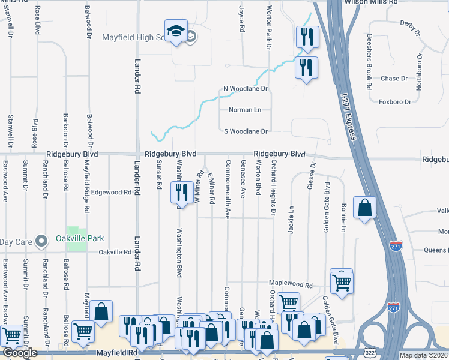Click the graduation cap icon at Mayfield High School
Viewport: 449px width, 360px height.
(176, 32)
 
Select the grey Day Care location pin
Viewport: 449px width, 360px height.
(41, 241)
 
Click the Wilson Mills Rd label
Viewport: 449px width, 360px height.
(370, 3)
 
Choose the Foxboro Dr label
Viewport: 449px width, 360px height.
(394, 102)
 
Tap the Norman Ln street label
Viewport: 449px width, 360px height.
(245, 110)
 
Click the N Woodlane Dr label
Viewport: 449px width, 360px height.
(245, 89)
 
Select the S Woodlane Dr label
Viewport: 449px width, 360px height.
(246, 131)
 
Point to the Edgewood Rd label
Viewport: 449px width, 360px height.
(112, 193)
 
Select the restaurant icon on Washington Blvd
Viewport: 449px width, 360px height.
(180, 193)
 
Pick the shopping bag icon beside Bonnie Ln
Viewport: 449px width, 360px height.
(364, 208)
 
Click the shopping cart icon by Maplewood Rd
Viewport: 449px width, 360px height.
(342, 281)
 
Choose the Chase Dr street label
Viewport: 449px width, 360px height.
(394, 79)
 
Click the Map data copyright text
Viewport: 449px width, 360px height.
(424, 355)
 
